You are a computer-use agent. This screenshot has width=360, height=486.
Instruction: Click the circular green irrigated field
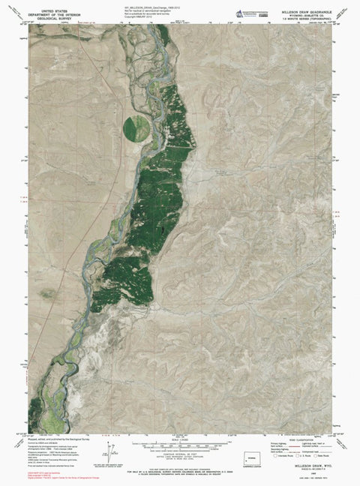click(x=136, y=125)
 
